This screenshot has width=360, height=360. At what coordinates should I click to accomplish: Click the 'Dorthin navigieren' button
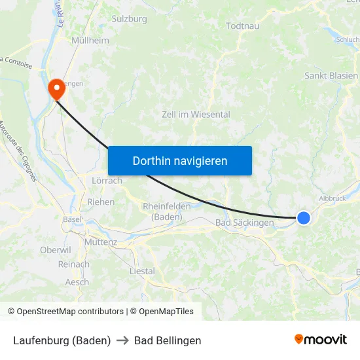coord(179,160)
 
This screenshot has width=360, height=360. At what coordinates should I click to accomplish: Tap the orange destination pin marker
coord(56,88)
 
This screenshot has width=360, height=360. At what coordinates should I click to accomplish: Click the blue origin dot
coord(304,218)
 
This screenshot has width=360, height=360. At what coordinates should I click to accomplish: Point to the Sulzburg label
coord(130,19)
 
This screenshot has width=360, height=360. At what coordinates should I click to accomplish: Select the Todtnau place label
coord(242,26)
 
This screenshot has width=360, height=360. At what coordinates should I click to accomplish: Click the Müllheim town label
coord(90,40)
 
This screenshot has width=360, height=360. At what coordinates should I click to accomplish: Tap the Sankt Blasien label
coord(331,76)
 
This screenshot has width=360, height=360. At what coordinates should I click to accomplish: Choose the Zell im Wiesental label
coord(196,114)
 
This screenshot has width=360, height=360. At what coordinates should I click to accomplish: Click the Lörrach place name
coord(107,181)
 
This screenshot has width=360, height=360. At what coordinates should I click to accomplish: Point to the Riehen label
coord(101,202)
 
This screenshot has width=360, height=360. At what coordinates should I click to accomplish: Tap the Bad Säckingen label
coord(245,223)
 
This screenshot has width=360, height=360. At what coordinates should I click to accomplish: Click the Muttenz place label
coord(100,242)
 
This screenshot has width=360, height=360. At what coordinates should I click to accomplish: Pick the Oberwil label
coord(55,250)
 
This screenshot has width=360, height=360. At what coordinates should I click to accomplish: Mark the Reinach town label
coord(73,264)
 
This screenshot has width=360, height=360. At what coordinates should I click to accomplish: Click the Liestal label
coord(142,270)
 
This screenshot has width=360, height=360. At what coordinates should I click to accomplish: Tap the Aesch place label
coord(77,282)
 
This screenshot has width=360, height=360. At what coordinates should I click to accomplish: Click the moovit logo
coord(321,340)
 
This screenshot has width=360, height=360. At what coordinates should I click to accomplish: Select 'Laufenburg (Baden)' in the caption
coord(62,340)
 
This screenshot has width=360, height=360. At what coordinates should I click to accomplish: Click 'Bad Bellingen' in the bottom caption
coord(168,340)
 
